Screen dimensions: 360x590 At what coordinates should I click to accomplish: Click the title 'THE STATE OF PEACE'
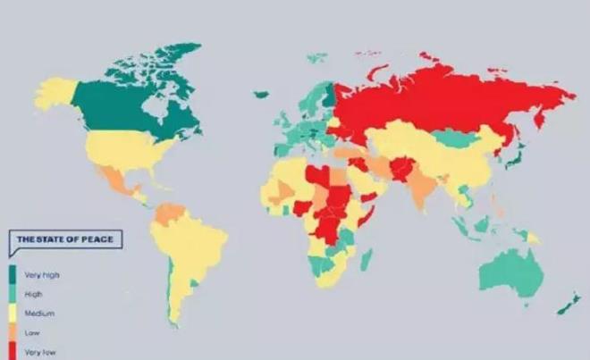click(x=63, y=239)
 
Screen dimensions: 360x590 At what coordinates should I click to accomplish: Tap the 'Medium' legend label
click(x=40, y=314)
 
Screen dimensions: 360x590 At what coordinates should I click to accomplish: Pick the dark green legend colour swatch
click(x=13, y=274)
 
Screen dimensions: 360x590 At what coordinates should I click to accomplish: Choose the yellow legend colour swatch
click(x=13, y=314)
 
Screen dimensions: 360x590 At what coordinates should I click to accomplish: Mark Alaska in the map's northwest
click(x=55, y=89)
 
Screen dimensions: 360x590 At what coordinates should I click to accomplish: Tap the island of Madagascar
click(x=365, y=260)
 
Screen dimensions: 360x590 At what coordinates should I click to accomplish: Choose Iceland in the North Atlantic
click(x=261, y=93)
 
